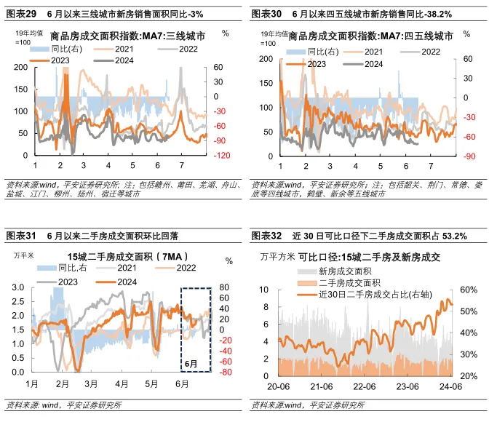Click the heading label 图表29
click(20, 14)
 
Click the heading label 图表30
click(266, 14)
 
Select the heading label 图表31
click(20, 236)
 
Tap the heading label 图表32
click(266, 236)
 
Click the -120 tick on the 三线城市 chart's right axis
click(221, 156)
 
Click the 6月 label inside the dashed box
click(191, 363)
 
